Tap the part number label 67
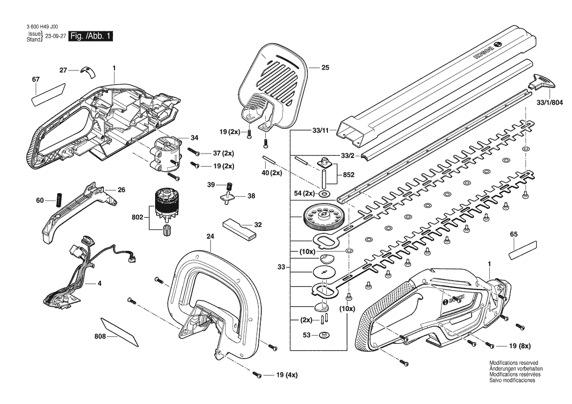point(36,79)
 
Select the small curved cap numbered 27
point(89,71)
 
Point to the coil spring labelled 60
point(59,200)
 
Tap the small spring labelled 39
point(228,186)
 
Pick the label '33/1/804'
point(550,103)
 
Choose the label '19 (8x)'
point(519,347)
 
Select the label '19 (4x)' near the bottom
point(287,375)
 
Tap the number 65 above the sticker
point(513,235)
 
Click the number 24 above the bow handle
point(210,236)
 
